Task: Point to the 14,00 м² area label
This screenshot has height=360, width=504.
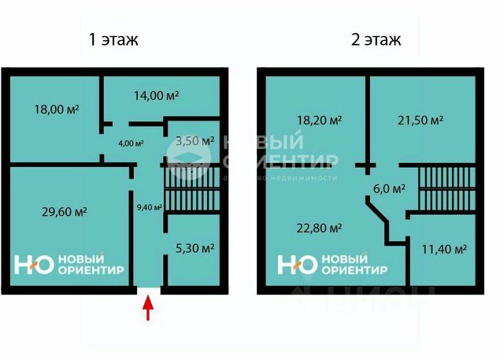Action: [156, 95]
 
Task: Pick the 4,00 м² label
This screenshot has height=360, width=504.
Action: [131, 143]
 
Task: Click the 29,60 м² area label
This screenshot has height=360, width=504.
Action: [64, 211]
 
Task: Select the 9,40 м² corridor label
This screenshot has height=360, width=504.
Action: [149, 208]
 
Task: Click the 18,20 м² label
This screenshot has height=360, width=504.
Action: [318, 121]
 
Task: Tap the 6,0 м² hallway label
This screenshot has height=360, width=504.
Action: [389, 189]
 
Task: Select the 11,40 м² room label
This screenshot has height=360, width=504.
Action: [443, 248]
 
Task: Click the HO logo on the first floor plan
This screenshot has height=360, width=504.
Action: [34, 265]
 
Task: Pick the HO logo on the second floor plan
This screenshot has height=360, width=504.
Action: [298, 265]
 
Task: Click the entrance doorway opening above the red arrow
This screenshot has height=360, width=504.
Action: [148, 288]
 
